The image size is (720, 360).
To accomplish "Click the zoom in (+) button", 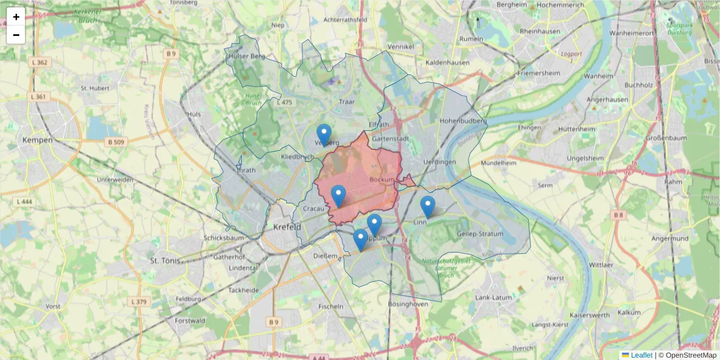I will pos(16,17).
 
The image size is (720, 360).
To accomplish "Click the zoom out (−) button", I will pos(16,35).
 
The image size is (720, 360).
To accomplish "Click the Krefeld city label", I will pos(286,227).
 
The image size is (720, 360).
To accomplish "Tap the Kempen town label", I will pos(37,140).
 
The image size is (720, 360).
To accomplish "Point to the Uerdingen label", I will pos(439,162).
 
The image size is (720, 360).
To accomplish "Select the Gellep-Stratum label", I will pos(480,233).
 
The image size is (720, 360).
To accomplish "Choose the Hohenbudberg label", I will pos(463,121).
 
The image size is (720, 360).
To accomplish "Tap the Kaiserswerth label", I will pos(589,314).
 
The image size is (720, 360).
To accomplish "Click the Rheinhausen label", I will pos(540,31).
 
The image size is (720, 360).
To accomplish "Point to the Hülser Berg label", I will pos(246,56).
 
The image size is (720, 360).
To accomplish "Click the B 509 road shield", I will pos(118,142).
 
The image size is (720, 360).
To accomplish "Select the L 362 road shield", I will pos(41,62).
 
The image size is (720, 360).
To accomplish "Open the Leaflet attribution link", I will pos(641,355).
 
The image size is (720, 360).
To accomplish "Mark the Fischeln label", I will pos(331,306).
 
